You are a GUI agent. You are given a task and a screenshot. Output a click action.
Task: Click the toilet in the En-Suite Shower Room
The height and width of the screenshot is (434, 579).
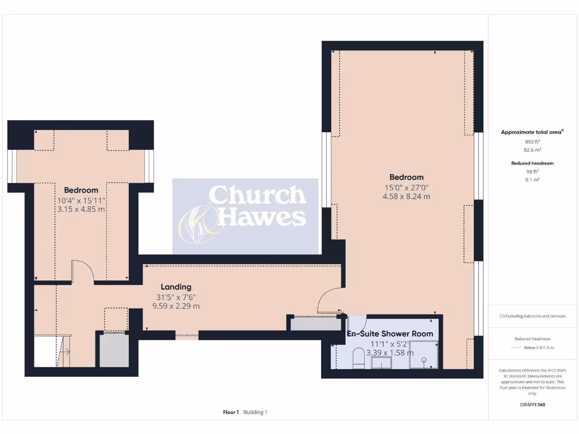tap(358, 358)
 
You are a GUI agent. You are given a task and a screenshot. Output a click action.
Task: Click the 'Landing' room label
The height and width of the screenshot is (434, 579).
tap(176, 287)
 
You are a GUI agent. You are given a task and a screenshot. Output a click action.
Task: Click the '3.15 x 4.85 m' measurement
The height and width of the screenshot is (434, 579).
tap(81, 209)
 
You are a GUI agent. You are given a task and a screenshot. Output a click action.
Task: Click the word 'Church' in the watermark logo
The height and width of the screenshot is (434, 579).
tap(257, 196)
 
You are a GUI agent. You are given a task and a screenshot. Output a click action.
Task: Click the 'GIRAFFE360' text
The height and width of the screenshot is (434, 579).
tap(533, 405)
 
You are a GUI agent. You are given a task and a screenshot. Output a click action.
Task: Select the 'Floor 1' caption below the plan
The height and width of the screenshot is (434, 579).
tap(231, 413)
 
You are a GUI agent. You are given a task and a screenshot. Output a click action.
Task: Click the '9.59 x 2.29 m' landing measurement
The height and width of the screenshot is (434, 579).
tap(176, 306)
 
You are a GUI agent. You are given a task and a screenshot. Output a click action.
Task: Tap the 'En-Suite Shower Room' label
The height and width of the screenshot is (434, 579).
tap(390, 334)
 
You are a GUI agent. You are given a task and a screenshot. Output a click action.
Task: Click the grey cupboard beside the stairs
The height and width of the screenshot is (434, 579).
tap(114, 351)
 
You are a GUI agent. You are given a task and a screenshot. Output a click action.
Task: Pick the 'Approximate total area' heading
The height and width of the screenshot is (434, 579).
tap(532, 132)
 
